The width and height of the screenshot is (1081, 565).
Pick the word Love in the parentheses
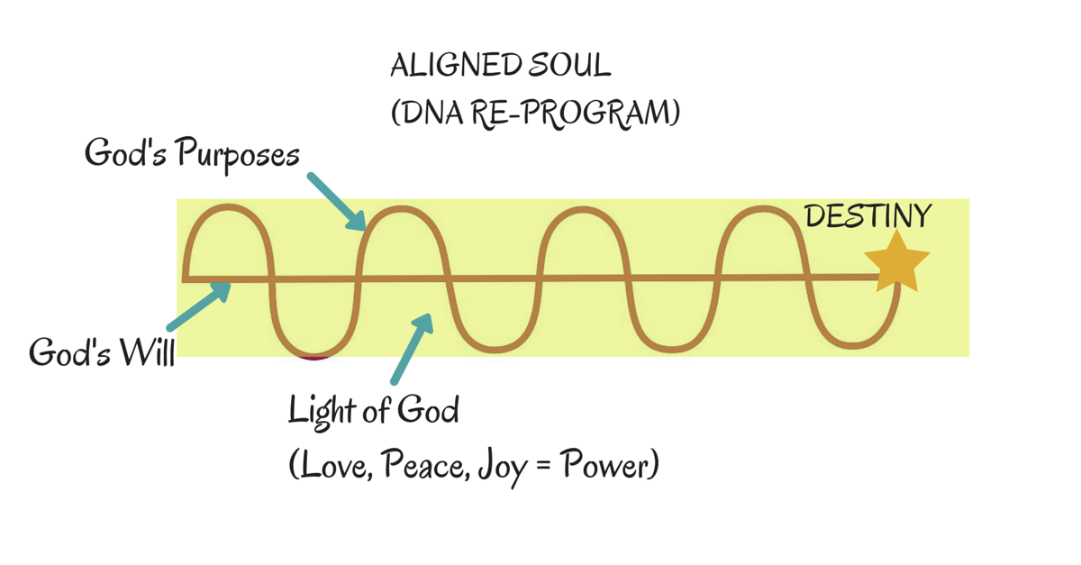332,466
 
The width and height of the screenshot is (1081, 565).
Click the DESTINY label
868,216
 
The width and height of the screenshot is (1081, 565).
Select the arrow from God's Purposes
336,201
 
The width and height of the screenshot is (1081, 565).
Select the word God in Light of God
427,412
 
